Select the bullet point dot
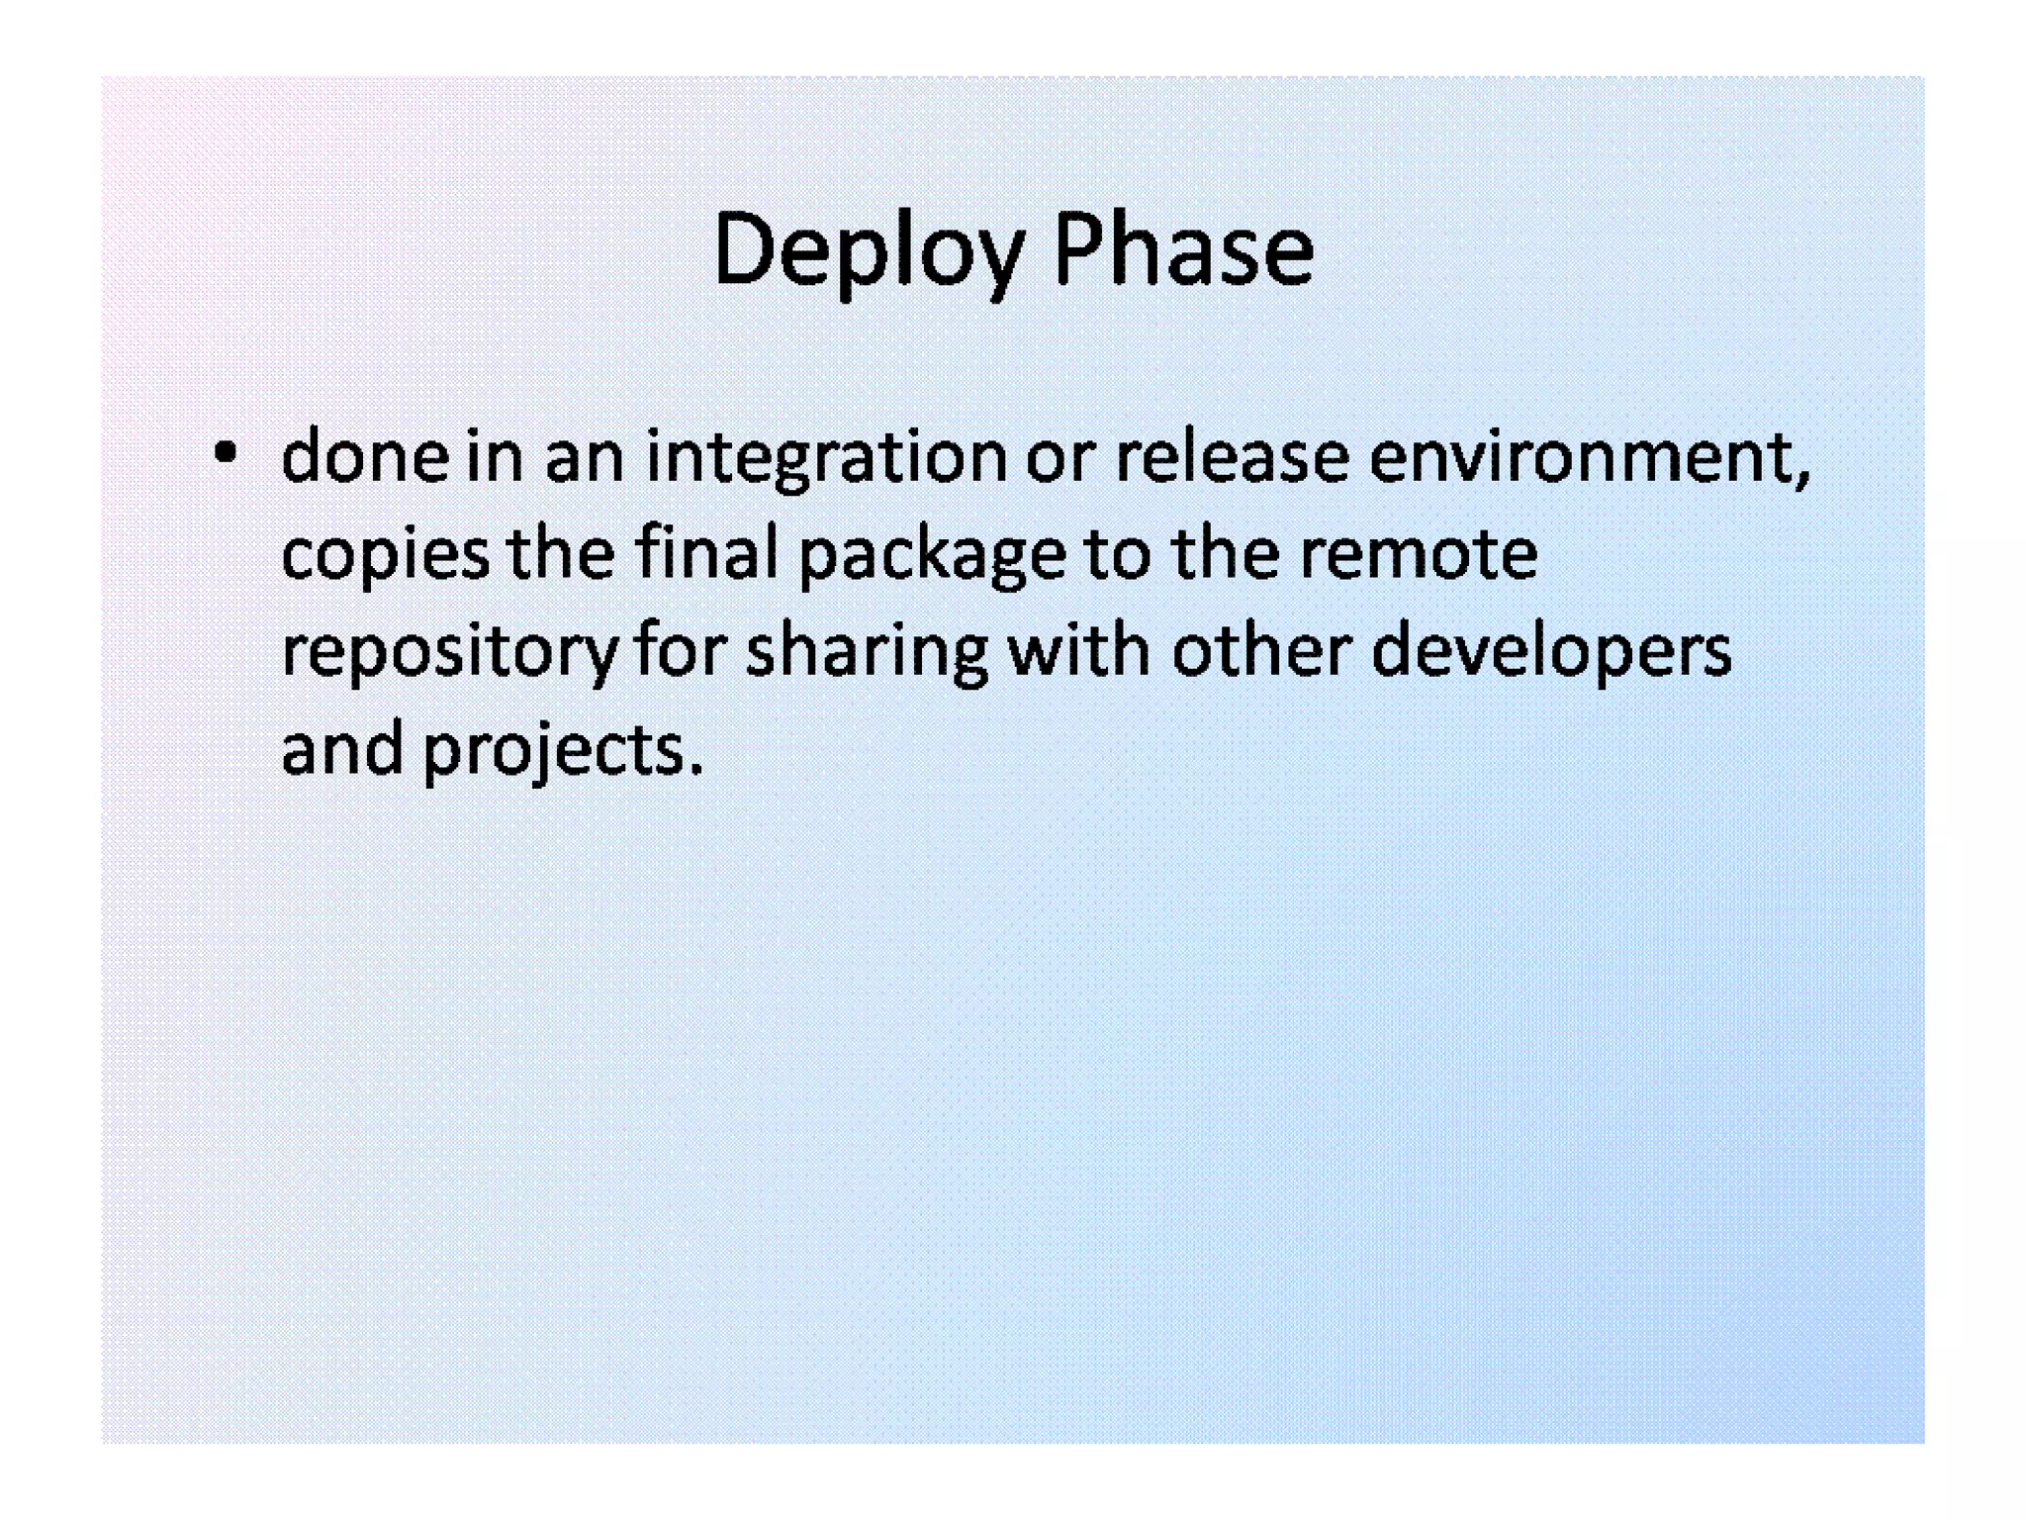pos(226,454)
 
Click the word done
pos(364,456)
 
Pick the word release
pos(1232,456)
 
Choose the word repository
pos(449,653)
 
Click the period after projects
pos(696,770)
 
